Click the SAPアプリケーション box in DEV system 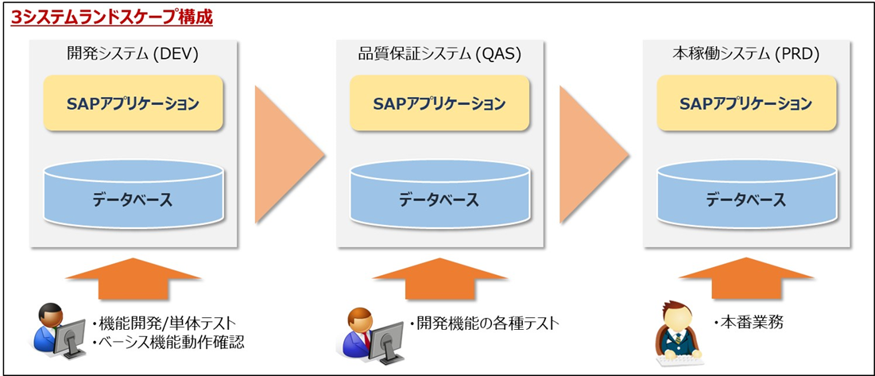[x=133, y=103]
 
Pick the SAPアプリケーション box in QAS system [x=439, y=103]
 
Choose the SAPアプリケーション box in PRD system [x=746, y=103]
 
